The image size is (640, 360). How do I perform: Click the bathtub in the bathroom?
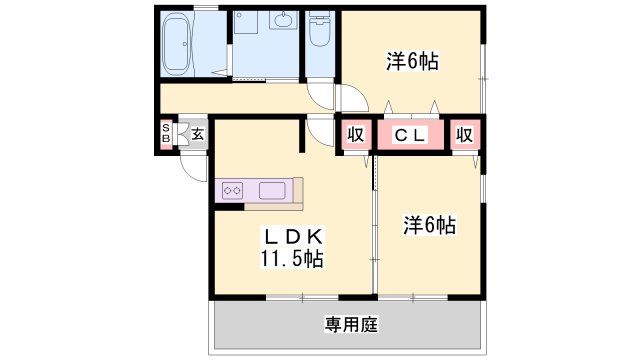177,44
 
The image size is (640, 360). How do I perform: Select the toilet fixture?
320,29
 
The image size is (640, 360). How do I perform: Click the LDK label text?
294,237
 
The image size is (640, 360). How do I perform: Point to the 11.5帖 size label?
292,258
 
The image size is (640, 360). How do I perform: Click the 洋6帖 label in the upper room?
412,62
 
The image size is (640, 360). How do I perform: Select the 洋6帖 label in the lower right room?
429,225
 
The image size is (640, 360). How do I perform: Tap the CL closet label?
410,135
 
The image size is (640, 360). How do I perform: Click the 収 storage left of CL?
356,134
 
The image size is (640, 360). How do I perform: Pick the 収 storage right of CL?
464,134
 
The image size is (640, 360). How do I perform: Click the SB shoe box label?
166,133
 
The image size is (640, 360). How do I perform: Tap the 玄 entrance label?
198,134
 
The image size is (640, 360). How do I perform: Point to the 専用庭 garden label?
351,325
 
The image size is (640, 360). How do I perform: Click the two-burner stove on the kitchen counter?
232,190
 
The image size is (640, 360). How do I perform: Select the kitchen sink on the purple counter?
272,191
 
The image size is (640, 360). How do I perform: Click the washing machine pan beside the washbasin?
245,22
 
